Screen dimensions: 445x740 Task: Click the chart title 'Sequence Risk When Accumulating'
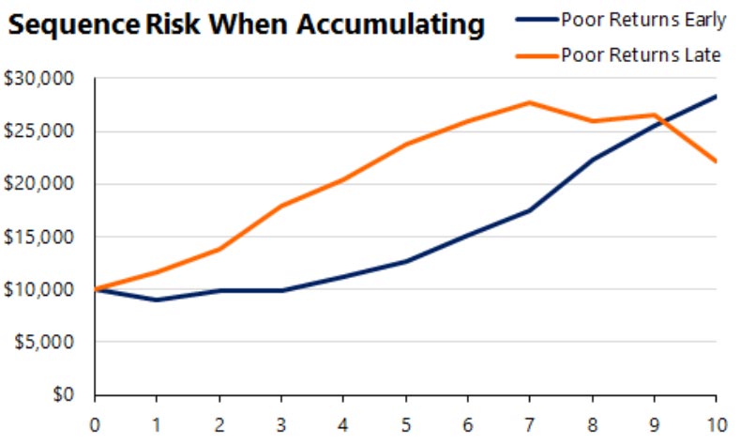click(246, 25)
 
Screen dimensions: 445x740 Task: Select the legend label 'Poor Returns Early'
click(638, 18)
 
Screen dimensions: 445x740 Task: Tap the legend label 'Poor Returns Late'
click(641, 54)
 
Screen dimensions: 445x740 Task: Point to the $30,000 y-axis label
click(39, 79)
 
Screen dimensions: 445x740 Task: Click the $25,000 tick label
click(39, 131)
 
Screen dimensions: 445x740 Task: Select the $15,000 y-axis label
click(39, 237)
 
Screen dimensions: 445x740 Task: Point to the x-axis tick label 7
click(530, 423)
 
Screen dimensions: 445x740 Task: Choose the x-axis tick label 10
click(717, 423)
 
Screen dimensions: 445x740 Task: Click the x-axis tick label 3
click(281, 423)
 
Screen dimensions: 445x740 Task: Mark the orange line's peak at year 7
click(530, 102)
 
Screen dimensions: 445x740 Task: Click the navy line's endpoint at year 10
click(717, 96)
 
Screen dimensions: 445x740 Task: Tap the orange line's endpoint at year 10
click(717, 161)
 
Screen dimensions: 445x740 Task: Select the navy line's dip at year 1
click(157, 299)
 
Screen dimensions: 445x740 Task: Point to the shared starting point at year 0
click(95, 289)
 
